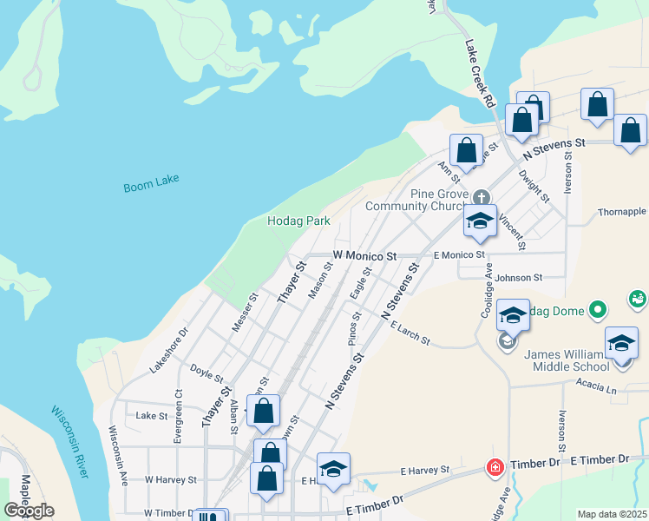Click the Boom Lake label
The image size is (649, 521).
(x=145, y=187)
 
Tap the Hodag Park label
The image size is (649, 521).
(x=298, y=221)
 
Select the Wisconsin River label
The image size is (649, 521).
(x=69, y=440)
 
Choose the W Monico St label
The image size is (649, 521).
(x=364, y=257)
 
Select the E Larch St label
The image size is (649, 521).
(x=410, y=333)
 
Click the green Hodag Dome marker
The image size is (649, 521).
(x=597, y=309)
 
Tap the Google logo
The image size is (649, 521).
(x=29, y=511)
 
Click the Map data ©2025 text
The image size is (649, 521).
(x=612, y=514)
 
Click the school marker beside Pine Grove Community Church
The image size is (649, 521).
(x=480, y=222)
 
